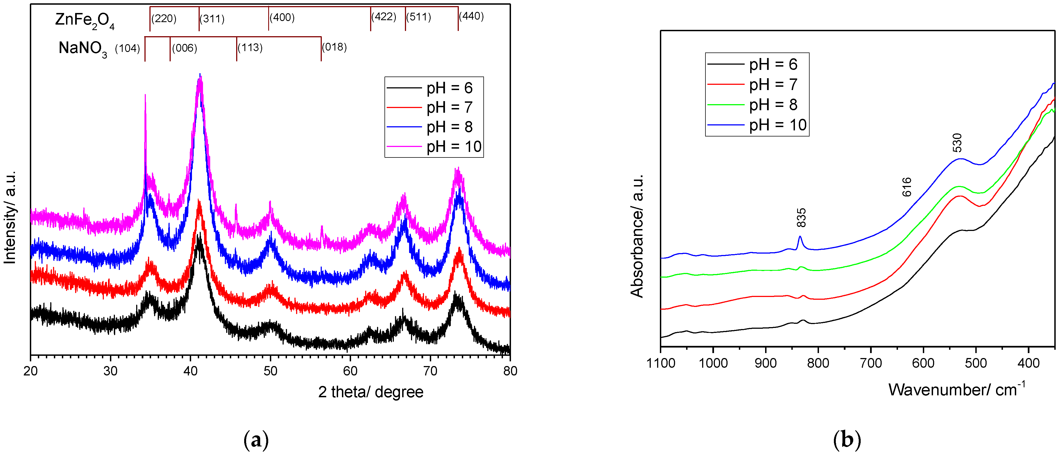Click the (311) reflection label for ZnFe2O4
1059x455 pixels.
click(x=212, y=19)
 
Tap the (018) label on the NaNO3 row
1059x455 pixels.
click(x=334, y=47)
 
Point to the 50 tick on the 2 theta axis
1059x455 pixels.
click(x=270, y=371)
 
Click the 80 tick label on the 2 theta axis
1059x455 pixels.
click(x=510, y=371)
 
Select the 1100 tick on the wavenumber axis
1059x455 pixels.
click(x=661, y=363)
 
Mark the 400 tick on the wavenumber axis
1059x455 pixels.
click(x=1029, y=363)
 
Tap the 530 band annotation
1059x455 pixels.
click(x=957, y=143)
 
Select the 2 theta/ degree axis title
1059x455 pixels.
click(x=370, y=392)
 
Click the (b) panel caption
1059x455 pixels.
click(x=847, y=440)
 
